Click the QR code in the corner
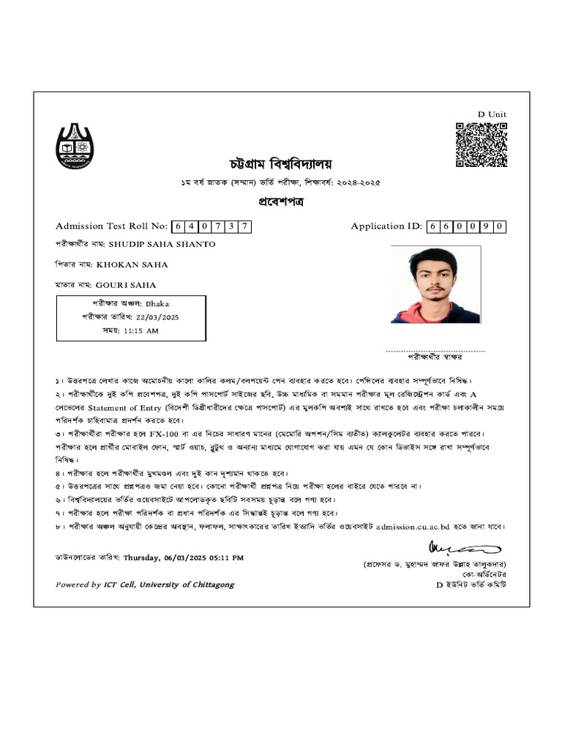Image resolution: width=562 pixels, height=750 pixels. coord(482,145)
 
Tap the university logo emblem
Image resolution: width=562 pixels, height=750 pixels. coord(75,146)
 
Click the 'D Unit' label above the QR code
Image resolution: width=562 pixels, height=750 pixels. coord(492,114)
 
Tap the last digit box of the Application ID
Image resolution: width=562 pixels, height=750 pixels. coord(498,226)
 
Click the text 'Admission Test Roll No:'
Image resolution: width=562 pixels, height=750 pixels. coord(112,226)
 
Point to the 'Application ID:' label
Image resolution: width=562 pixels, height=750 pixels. coord(386,226)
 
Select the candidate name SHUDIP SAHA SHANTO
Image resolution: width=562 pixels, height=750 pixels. coord(162,244)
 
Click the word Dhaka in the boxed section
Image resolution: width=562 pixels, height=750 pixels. coord(157,302)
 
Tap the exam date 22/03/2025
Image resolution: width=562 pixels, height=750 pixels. coord(157,317)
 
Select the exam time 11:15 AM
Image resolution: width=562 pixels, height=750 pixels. coord(140,331)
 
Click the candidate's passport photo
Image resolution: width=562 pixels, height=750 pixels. coord(435,284)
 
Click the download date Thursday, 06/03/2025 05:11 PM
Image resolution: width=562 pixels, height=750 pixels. coord(183,557)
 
